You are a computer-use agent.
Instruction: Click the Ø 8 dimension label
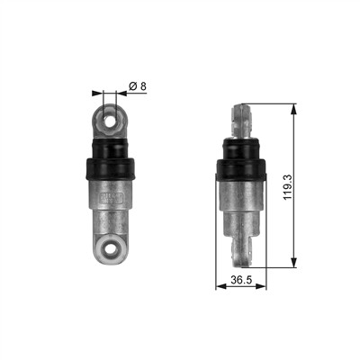click(x=138, y=86)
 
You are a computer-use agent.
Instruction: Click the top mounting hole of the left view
click(x=109, y=121)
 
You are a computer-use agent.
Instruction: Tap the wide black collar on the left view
click(x=111, y=168)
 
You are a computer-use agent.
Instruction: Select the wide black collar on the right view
click(x=241, y=170)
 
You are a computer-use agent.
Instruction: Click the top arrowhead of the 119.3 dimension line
click(x=294, y=109)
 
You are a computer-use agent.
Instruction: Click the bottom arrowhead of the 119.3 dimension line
click(x=294, y=262)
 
